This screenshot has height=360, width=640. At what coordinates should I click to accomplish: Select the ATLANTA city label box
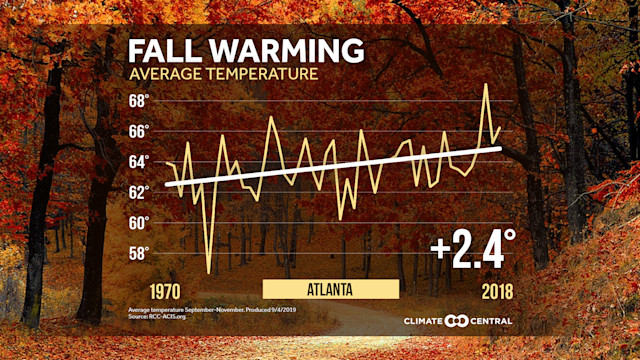[x=331, y=289]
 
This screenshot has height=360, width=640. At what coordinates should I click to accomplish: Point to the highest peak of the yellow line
[x=486, y=84]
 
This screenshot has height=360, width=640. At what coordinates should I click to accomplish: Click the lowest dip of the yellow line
[x=209, y=272]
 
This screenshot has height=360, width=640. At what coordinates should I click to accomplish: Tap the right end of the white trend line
[x=500, y=148]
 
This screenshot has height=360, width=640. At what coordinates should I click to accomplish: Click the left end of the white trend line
[x=166, y=184]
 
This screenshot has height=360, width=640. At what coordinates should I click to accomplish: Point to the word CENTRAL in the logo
[x=490, y=321]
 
